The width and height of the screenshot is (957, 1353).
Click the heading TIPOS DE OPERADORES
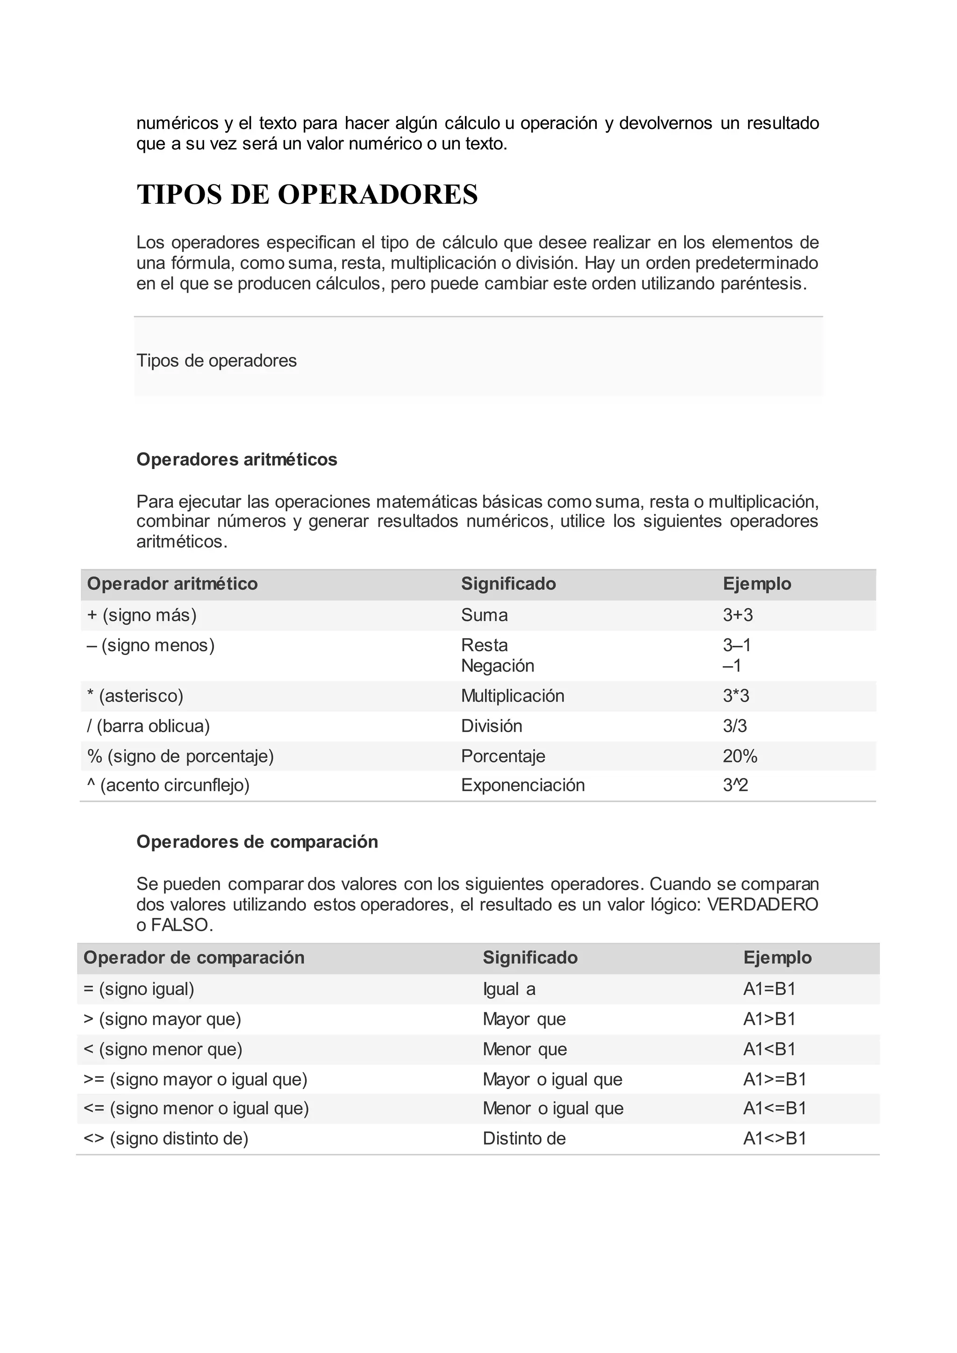307,194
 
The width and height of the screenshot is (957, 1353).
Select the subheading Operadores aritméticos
236,459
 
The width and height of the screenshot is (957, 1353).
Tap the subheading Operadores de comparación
257,841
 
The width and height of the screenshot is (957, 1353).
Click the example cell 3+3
737,615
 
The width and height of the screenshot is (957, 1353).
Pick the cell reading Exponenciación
523,785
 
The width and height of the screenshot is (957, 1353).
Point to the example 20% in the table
740,756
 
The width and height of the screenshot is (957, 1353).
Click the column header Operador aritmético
172,584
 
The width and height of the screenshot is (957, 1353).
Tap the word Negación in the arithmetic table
497,665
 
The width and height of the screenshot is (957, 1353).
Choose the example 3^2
735,785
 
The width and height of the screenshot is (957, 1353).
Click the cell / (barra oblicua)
149,726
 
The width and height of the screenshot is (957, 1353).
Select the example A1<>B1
774,1138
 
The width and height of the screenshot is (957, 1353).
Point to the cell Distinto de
524,1138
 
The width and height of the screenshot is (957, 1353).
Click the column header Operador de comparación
194,958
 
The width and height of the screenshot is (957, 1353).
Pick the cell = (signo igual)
139,989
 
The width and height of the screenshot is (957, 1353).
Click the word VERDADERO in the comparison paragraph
762,904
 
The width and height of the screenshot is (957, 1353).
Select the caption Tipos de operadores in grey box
216,361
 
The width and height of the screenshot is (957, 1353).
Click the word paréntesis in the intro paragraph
763,284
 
